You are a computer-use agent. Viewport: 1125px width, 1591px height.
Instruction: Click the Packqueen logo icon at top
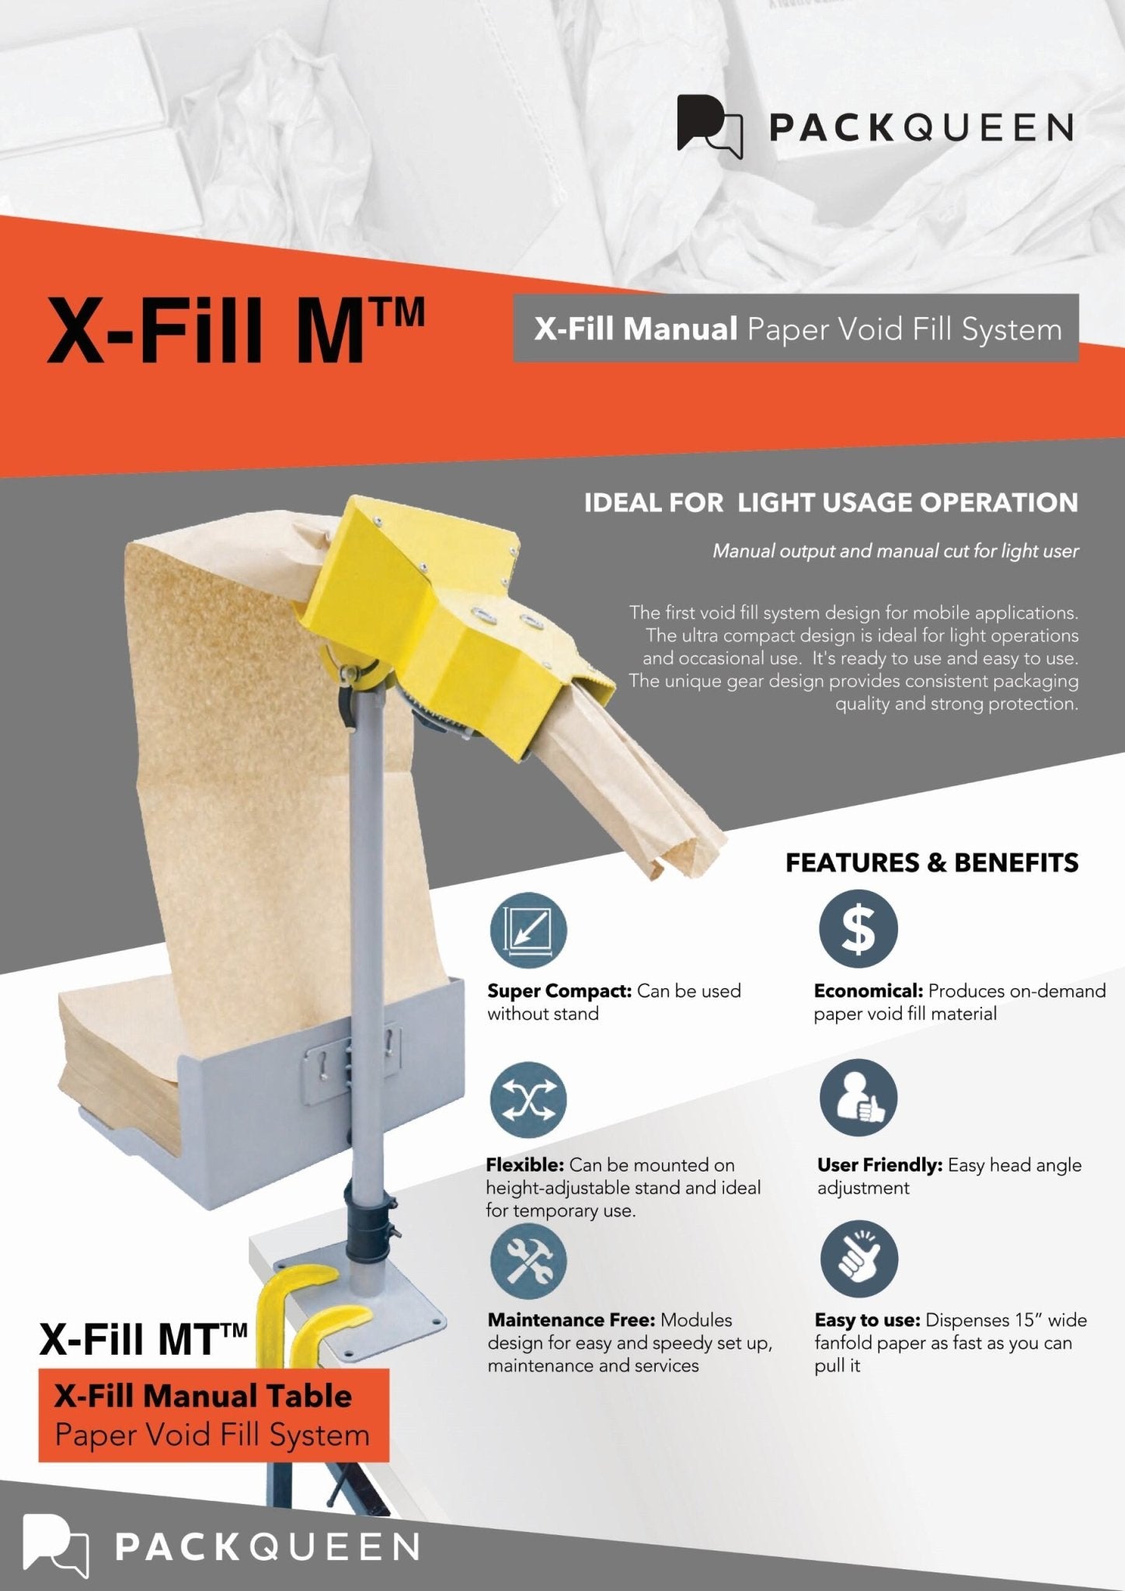coord(709,125)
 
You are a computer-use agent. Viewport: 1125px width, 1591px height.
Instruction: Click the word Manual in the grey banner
coord(681,329)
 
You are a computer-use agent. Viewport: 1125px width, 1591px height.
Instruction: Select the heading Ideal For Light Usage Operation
coord(831,503)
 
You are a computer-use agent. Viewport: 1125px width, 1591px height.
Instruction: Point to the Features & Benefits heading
coord(932,862)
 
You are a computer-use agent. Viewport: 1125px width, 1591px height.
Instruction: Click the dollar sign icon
coord(858,929)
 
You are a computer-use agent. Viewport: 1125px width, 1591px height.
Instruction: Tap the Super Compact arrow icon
coord(528,929)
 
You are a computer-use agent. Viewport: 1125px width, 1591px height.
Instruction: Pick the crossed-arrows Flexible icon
coord(528,1100)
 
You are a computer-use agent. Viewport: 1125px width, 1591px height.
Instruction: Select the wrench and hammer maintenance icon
coord(528,1260)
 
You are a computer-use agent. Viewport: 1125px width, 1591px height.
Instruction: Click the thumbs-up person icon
coord(858,1098)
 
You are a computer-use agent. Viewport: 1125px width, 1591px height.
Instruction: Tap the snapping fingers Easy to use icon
coord(858,1259)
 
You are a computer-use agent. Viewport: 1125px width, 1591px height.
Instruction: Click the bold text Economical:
coord(868,990)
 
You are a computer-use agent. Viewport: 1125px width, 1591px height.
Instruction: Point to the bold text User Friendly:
coord(879,1165)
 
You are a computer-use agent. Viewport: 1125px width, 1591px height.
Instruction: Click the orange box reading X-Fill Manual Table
coord(213,1415)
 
